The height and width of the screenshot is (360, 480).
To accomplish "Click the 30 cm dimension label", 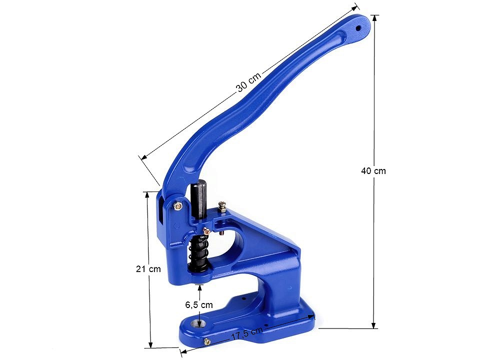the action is tap(249, 82).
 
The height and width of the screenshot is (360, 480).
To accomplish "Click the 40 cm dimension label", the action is tap(373, 171).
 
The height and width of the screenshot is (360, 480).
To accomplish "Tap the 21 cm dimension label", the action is tap(148, 269).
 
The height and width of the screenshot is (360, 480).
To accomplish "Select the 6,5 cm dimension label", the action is tap(199, 304).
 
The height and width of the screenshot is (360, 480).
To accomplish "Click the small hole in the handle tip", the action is tap(358, 28).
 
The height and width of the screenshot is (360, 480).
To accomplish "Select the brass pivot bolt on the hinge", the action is tap(178, 206).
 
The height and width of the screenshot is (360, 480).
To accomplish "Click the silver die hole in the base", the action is tap(198, 322).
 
